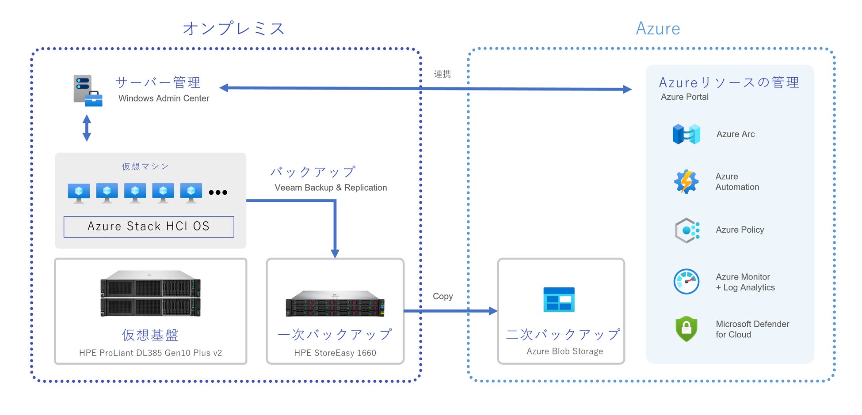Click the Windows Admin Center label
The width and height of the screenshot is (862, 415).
164,98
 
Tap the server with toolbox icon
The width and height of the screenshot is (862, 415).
88,91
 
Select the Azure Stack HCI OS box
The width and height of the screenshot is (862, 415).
149,226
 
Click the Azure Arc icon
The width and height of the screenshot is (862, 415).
686,134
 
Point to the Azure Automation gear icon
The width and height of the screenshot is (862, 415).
686,181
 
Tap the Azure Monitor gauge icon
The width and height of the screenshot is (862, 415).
686,282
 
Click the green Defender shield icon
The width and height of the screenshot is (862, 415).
686,329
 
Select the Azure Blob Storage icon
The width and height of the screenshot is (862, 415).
559,300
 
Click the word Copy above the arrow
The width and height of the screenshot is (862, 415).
442,296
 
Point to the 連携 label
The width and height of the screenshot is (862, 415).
442,74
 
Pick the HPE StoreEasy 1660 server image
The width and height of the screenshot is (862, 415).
335,304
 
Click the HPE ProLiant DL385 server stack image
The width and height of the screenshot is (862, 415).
150,294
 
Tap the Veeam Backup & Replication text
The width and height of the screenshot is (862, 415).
331,188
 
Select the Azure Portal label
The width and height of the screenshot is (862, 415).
684,97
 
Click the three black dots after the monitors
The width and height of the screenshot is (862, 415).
218,192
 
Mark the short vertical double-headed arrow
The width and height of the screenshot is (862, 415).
87,128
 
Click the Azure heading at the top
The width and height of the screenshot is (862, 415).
658,29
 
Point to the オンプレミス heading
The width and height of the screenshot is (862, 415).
234,29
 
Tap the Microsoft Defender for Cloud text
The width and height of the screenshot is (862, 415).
752,329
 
